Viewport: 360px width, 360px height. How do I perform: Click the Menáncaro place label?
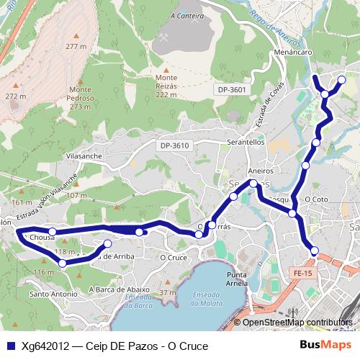[x=292, y=53]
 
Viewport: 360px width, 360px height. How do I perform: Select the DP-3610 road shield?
[x=174, y=145]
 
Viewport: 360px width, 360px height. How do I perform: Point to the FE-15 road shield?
[x=303, y=273]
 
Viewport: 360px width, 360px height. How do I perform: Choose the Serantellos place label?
[x=246, y=143]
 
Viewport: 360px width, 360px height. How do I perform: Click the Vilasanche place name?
[x=84, y=156]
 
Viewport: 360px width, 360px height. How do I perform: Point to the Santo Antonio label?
[x=53, y=294]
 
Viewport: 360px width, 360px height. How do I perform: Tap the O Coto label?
[x=316, y=199]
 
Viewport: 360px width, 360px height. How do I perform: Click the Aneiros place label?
[x=261, y=171]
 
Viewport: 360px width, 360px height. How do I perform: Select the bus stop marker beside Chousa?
[x=53, y=233]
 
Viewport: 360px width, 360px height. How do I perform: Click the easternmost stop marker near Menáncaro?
[x=342, y=79]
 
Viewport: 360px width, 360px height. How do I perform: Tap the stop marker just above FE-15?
[x=314, y=251]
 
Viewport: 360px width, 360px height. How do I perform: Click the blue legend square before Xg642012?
[x=8, y=346]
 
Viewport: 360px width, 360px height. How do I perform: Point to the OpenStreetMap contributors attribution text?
[x=297, y=323]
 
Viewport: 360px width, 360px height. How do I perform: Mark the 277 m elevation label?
[x=76, y=46]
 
